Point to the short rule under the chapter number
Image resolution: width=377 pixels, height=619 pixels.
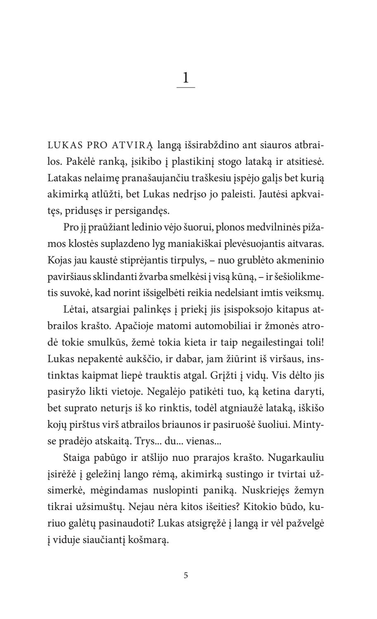185,88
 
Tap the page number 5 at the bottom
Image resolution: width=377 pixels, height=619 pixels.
186,575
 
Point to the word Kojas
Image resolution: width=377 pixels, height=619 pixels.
59,260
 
